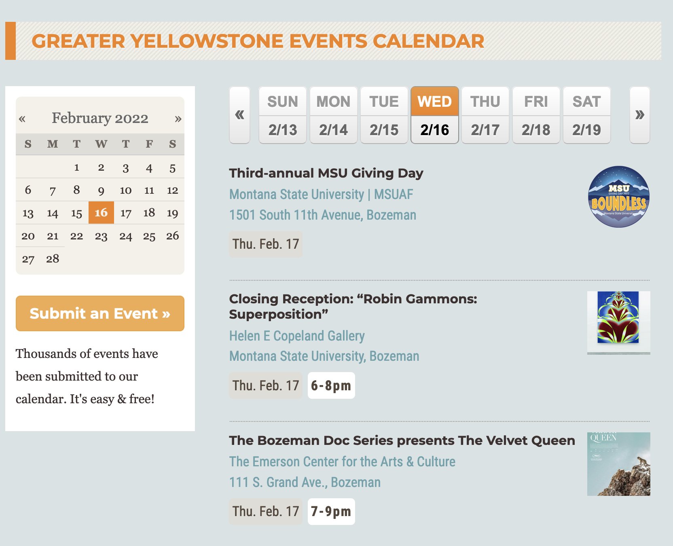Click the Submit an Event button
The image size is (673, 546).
[x=100, y=313]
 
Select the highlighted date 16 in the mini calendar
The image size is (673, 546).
[x=101, y=213]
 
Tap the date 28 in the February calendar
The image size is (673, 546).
[x=53, y=259]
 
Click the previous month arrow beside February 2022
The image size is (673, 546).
[x=22, y=119]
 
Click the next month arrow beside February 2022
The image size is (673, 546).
[x=178, y=119]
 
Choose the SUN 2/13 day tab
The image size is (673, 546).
[x=283, y=115]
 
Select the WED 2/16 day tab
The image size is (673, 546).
[x=435, y=115]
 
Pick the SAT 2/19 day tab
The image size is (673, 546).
[x=586, y=115]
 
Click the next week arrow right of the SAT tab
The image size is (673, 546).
[x=639, y=115]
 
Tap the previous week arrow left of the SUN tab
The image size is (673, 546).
[x=239, y=115]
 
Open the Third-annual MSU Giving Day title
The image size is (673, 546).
[x=326, y=173]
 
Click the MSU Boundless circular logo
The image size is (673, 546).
[x=618, y=197]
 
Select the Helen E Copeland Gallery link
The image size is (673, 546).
[x=297, y=336]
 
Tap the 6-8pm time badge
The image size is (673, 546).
[x=331, y=385]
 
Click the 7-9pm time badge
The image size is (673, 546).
[x=331, y=512]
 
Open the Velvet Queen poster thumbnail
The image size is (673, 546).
[x=618, y=464]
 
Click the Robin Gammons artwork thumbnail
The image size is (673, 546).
[x=618, y=322]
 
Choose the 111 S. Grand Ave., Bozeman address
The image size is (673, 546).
[x=305, y=482]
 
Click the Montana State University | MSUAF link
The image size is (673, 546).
[x=321, y=194]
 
